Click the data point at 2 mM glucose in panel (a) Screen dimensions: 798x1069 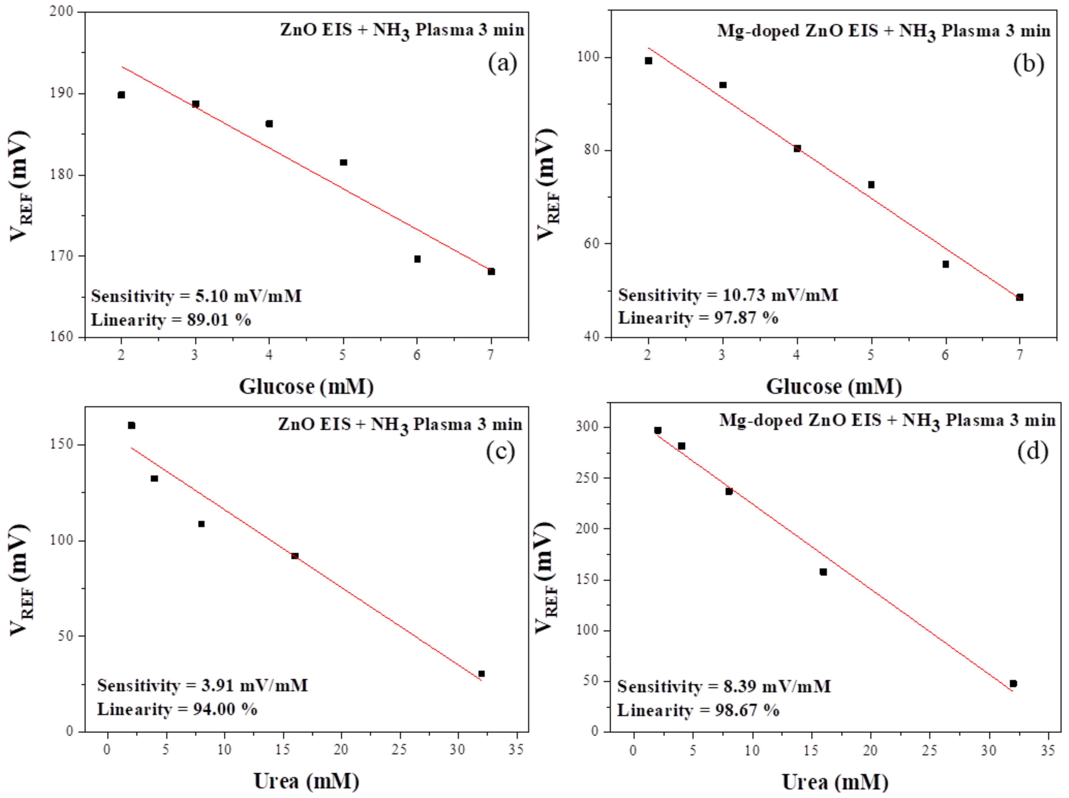point(121,95)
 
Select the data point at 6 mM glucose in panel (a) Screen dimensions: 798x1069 point(417,259)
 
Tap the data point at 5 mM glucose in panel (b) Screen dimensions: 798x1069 point(871,185)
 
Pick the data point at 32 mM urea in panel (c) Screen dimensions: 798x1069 point(481,673)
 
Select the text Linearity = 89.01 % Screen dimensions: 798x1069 point(171,320)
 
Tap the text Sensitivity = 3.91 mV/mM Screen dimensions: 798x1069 point(202,685)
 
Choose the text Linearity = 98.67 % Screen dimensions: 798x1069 point(698,710)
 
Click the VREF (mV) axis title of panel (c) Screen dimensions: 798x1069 point(20,580)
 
